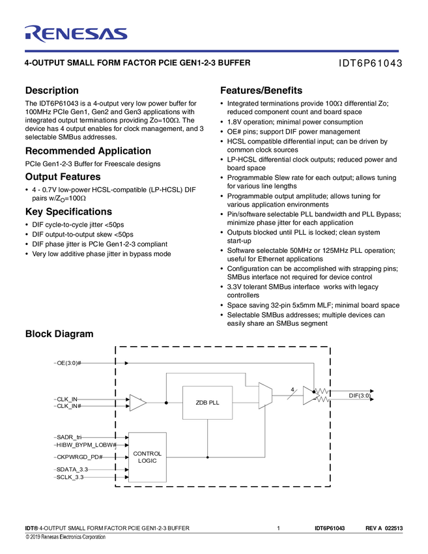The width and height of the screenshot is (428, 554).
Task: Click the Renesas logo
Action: point(76,33)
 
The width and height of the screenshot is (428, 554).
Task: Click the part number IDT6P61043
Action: point(369,64)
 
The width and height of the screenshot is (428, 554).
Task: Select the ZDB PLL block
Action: point(208,403)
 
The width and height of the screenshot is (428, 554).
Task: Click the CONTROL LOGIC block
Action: point(147,457)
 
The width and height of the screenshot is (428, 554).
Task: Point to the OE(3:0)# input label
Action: point(69,362)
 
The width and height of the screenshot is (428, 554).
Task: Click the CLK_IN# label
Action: point(69,406)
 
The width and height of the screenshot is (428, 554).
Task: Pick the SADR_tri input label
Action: point(70,437)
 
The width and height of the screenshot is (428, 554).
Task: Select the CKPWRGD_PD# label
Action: point(79,457)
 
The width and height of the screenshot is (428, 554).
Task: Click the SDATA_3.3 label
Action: point(72,469)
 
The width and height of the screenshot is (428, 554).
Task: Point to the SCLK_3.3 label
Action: point(70,478)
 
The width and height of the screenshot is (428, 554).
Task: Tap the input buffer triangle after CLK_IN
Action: point(137,403)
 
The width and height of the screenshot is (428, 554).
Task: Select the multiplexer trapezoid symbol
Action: point(264,396)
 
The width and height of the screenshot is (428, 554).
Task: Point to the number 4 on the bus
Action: point(292,390)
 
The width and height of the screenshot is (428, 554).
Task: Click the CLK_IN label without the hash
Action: point(67,399)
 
